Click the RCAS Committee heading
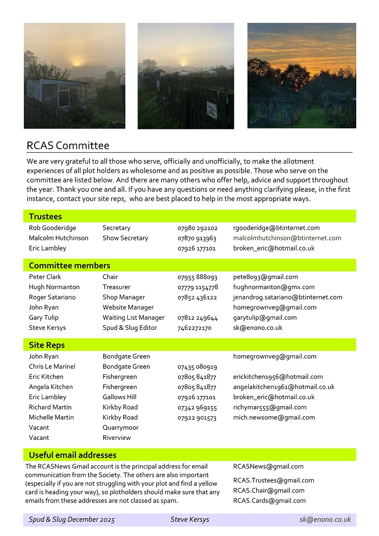68,146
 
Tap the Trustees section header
45,217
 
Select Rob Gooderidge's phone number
197,228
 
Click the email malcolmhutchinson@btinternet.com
287,238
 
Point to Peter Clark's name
45,277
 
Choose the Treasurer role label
116,287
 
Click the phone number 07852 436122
197,297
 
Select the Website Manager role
128,307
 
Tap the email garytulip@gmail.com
264,318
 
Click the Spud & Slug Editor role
129,328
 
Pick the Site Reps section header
46,345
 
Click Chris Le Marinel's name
52,366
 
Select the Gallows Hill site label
119,397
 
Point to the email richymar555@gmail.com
269,407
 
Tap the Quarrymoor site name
120,428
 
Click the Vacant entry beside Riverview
39,438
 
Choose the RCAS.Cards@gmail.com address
269,501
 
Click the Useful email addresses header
72,455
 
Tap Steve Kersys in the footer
189,520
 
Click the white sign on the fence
211,109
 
